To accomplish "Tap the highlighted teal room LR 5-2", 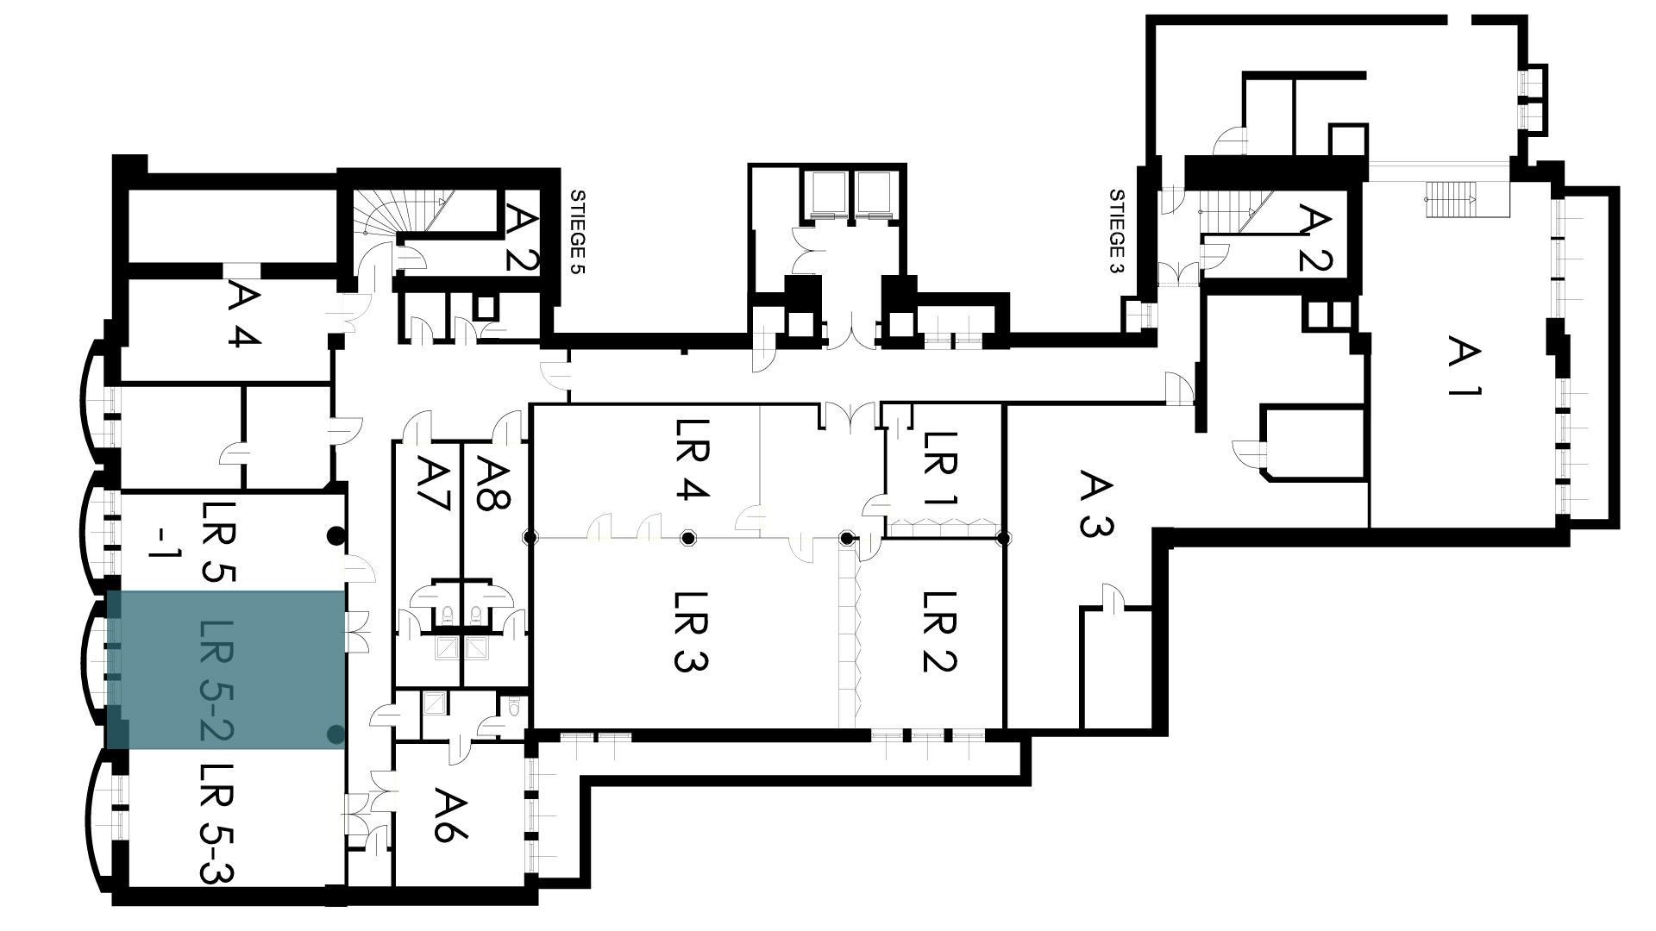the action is (x=226, y=670).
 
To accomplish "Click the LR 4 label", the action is (x=691, y=459).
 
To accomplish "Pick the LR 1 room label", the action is (x=940, y=468).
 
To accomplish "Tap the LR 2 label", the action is (x=940, y=632).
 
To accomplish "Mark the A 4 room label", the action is (x=244, y=316).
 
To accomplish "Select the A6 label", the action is (x=451, y=814).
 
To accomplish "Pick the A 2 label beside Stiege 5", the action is (x=520, y=237).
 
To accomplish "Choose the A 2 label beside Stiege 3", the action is (x=1315, y=237).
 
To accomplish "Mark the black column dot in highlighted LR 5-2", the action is (x=336, y=735).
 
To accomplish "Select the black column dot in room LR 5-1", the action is (x=336, y=536).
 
